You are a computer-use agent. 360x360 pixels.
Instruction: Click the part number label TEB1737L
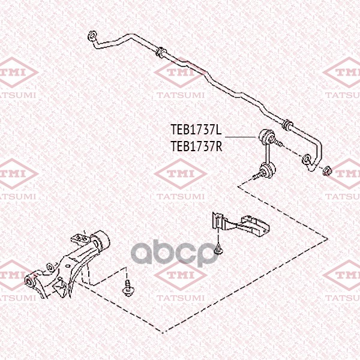pyautogui.click(x=196, y=130)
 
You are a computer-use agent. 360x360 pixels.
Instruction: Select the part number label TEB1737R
pyautogui.click(x=197, y=146)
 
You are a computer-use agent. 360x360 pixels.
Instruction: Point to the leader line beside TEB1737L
pyautogui.click(x=240, y=137)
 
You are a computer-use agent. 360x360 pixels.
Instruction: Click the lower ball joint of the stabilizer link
pyautogui.click(x=268, y=169)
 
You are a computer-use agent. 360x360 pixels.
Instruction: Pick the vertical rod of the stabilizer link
pyautogui.click(x=267, y=153)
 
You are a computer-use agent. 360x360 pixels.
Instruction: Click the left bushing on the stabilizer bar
pyautogui.click(x=160, y=52)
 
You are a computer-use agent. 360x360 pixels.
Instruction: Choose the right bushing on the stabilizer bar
pyautogui.click(x=287, y=125)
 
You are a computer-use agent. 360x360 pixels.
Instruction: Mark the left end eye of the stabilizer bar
pyautogui.click(x=92, y=36)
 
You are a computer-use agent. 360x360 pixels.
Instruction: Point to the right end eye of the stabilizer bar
pyautogui.click(x=306, y=160)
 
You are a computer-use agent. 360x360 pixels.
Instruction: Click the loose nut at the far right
pyautogui.click(x=327, y=171)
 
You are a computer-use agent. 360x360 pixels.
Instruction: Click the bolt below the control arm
pyautogui.click(x=127, y=289)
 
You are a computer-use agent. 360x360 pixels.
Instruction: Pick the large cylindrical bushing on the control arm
pyautogui.click(x=100, y=242)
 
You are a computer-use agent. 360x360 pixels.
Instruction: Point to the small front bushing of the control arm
pyautogui.click(x=30, y=281)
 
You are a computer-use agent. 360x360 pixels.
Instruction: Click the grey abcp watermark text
pyautogui.click(x=174, y=253)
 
